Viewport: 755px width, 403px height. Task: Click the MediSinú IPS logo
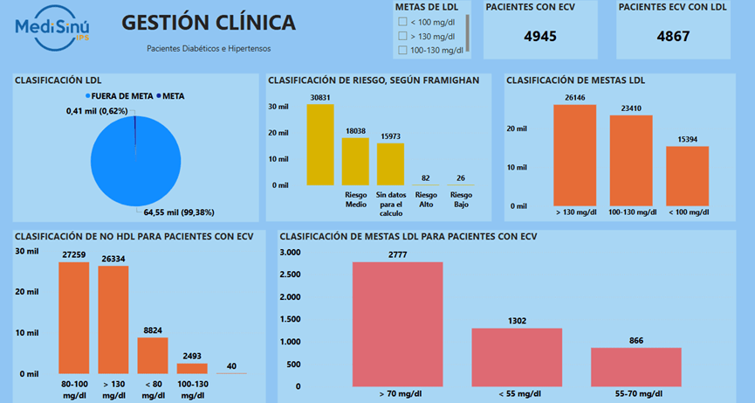tap(52, 28)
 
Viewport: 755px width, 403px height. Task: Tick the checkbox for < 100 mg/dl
tap(402, 22)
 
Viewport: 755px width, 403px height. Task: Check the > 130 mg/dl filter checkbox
tap(402, 36)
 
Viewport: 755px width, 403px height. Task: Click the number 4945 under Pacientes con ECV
tap(540, 37)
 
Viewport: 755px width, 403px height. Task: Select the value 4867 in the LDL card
tap(673, 37)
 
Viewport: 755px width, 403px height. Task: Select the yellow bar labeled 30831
tap(319, 144)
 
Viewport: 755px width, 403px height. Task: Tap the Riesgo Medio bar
tap(355, 161)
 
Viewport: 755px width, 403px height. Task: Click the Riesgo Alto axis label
tap(426, 199)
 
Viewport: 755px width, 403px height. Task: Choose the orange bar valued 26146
tap(574, 155)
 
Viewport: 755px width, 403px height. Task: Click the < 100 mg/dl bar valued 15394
tap(687, 175)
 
